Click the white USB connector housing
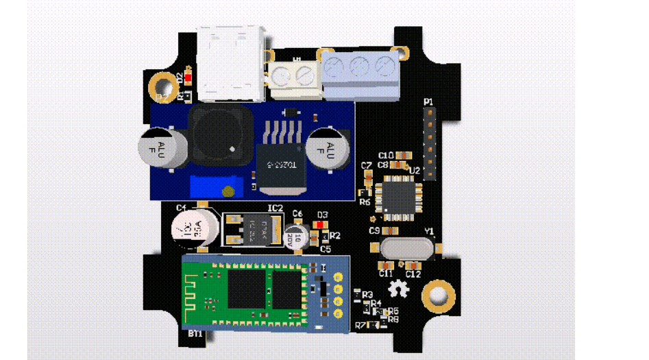pos(230,62)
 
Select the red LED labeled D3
pos(321,224)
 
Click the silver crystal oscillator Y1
pos(406,248)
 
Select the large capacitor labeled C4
pos(191,228)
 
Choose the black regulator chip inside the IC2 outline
pos(252,227)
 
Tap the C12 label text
pos(413,274)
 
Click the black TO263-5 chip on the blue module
pos(279,154)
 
